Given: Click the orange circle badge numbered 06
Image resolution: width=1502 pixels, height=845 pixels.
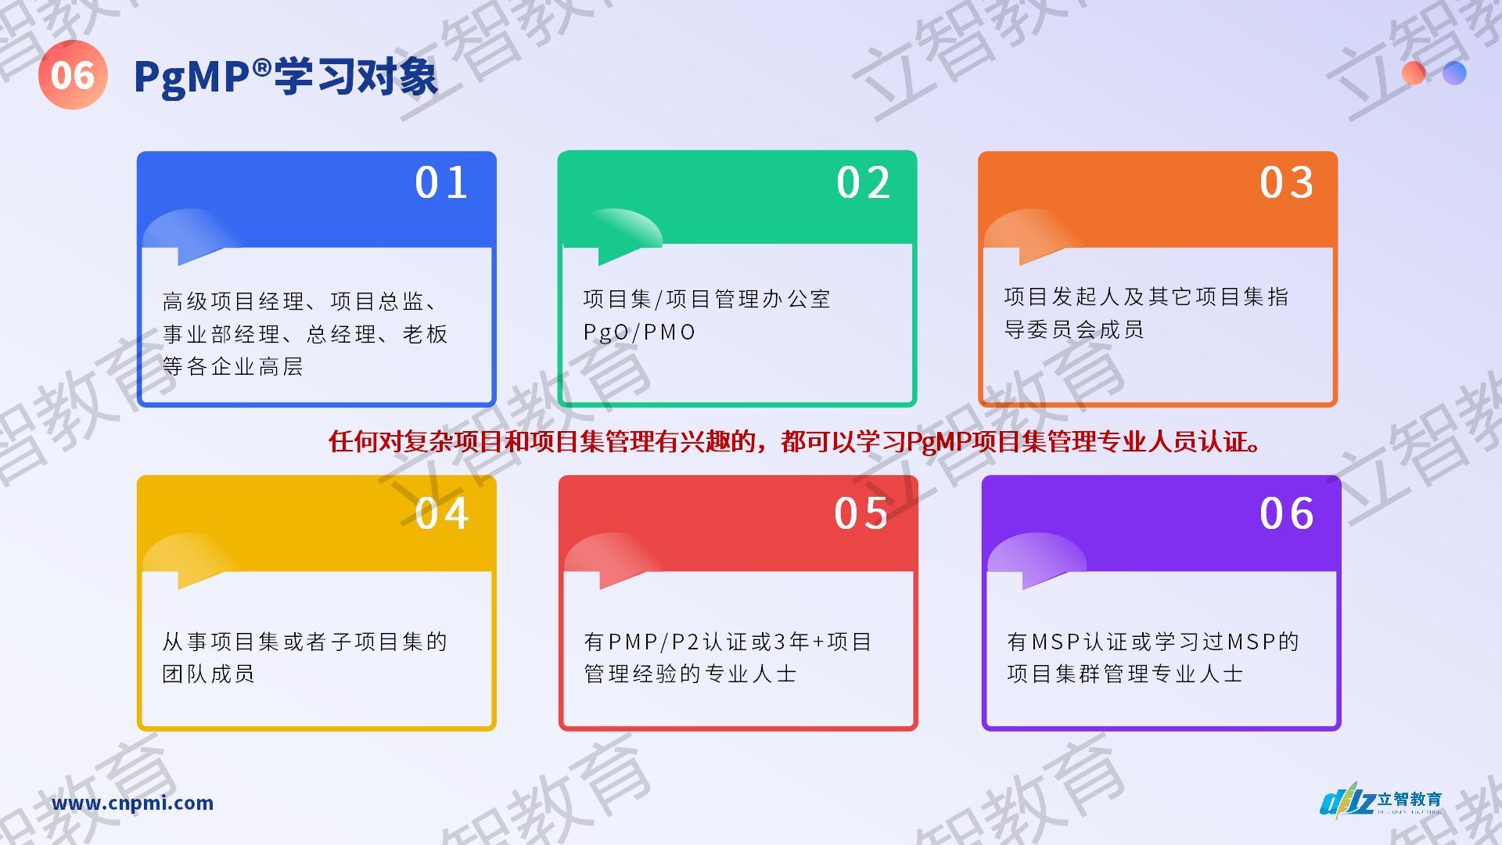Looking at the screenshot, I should (x=73, y=75).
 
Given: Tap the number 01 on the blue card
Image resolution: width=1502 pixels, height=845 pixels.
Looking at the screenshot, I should (x=441, y=183).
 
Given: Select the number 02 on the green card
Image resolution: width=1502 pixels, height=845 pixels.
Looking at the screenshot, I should (x=863, y=183).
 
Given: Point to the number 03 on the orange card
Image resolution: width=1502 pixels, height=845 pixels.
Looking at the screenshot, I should (x=1286, y=183).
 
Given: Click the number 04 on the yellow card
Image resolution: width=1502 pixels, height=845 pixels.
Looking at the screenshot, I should (x=442, y=514).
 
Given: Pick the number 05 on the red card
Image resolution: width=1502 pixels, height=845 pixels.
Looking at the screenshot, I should (x=861, y=514).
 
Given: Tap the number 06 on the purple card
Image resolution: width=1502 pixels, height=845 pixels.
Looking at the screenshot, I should (x=1286, y=514).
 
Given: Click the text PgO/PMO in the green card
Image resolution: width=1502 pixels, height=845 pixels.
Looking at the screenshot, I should (x=639, y=333).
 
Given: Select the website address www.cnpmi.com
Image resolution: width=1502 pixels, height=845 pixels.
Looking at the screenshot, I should (x=132, y=803).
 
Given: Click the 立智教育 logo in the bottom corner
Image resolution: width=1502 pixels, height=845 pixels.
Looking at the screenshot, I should (x=1382, y=801).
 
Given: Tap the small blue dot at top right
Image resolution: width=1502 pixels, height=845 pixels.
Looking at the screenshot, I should (x=1454, y=73).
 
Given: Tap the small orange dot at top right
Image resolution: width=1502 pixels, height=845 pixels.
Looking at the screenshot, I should (x=1414, y=73).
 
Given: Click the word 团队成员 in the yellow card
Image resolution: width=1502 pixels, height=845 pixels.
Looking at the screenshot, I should (x=208, y=674).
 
